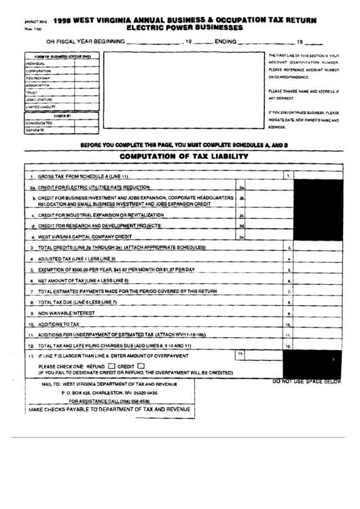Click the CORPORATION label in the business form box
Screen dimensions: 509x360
(x=39, y=71)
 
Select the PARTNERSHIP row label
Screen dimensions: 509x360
(x=39, y=77)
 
